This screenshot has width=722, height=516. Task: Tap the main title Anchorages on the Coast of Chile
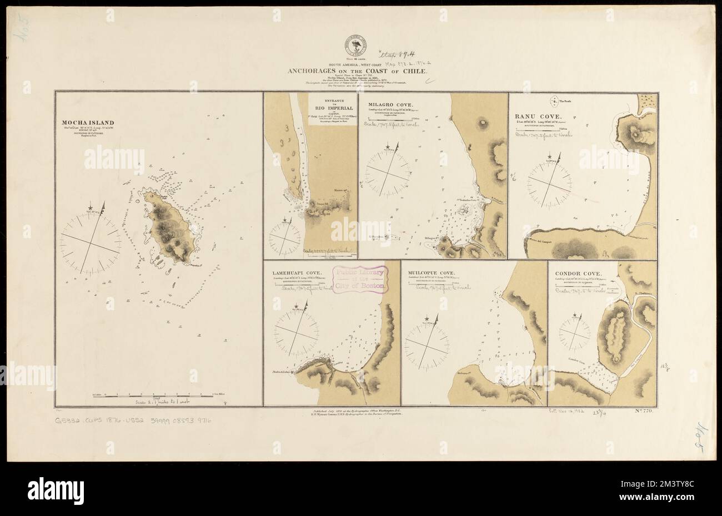357,71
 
